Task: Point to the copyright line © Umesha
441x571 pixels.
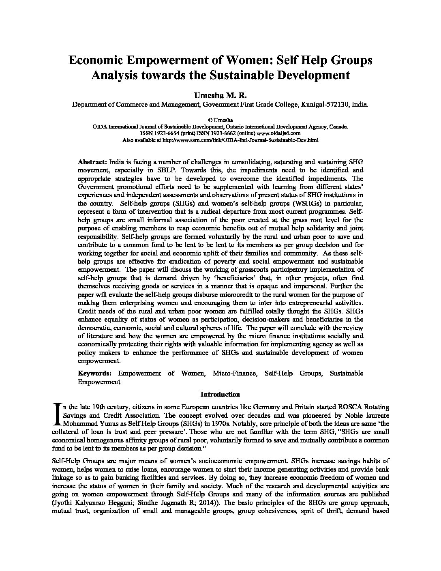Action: [220, 120]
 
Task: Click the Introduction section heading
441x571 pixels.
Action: [220, 394]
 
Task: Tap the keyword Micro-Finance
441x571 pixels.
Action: [235, 373]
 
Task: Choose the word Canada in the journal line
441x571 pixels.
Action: [338, 127]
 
